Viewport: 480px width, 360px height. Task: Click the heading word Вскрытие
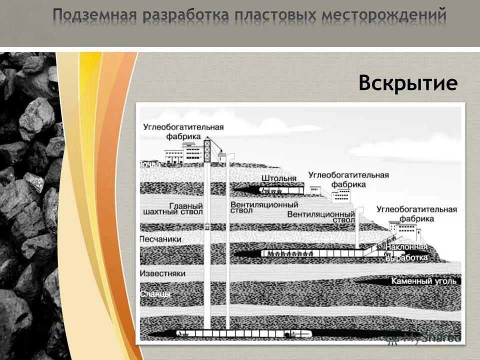407,83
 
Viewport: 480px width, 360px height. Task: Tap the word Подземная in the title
94,15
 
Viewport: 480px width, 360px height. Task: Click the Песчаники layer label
161,239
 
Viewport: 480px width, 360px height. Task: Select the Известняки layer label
163,273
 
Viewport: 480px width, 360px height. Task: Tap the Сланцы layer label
155,294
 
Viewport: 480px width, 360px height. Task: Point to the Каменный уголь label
424,281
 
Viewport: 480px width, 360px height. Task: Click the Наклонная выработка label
407,252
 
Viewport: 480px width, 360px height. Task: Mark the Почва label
150,164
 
